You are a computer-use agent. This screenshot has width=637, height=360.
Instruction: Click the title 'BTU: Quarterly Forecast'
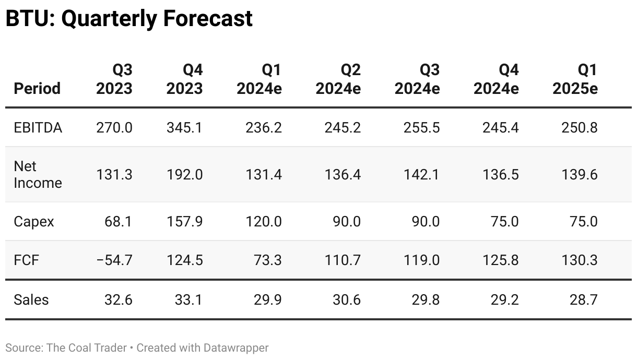pos(129,19)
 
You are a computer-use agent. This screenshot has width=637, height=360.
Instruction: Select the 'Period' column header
pos(37,88)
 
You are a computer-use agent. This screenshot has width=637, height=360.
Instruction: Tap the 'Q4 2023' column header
pos(184,79)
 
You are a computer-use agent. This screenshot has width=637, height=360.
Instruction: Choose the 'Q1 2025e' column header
pos(575,79)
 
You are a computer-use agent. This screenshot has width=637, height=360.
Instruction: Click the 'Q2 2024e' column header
pos(338,79)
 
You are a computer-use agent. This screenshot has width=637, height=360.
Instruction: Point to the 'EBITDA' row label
pos(38,127)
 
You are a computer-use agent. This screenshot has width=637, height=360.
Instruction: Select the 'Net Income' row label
pos(38,174)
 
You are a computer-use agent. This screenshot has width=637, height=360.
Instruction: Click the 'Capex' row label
pos(34,222)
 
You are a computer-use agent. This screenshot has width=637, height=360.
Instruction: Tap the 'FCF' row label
pos(26,260)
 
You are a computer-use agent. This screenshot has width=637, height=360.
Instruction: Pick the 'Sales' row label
pos(31,299)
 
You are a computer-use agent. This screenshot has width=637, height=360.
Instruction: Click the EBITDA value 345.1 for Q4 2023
pos(184,127)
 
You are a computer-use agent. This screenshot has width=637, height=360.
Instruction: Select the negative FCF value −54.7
pos(114,260)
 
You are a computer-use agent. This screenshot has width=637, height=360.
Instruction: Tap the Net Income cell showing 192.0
pos(184,174)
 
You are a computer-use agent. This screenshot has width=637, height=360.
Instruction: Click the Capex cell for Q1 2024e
pos(264,222)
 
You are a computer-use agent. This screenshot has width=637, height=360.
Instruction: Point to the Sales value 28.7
pos(583,299)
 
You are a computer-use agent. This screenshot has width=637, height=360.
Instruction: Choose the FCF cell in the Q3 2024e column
pos(421,260)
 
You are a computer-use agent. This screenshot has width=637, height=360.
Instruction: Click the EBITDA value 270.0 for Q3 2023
pos(114,127)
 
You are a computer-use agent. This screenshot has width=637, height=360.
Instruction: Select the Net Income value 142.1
pos(421,174)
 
